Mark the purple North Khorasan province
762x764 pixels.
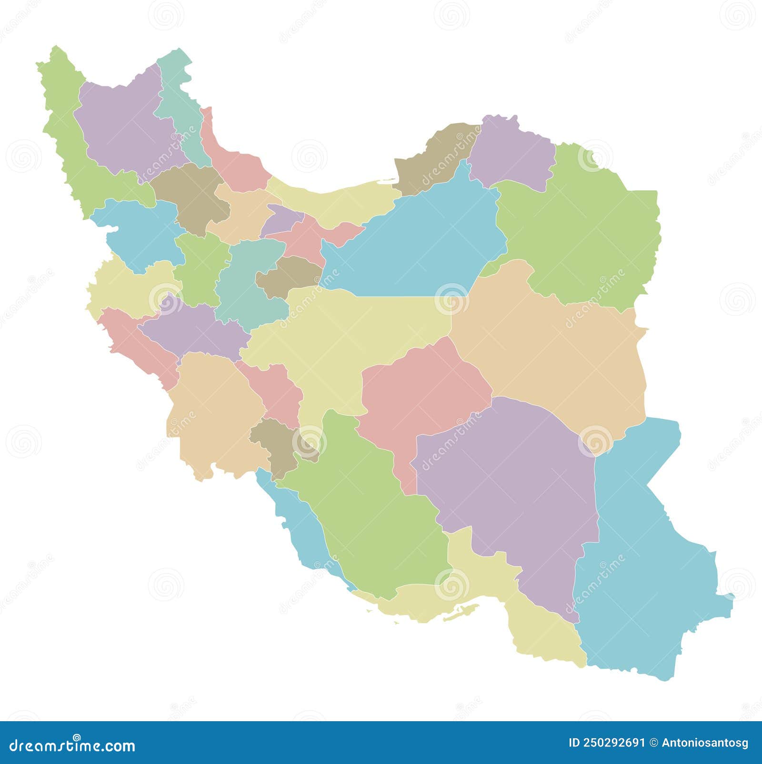(x=512, y=152)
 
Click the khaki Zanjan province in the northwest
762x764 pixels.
(x=190, y=195)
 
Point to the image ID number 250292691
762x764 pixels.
(x=607, y=743)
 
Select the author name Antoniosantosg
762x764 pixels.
(x=705, y=743)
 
